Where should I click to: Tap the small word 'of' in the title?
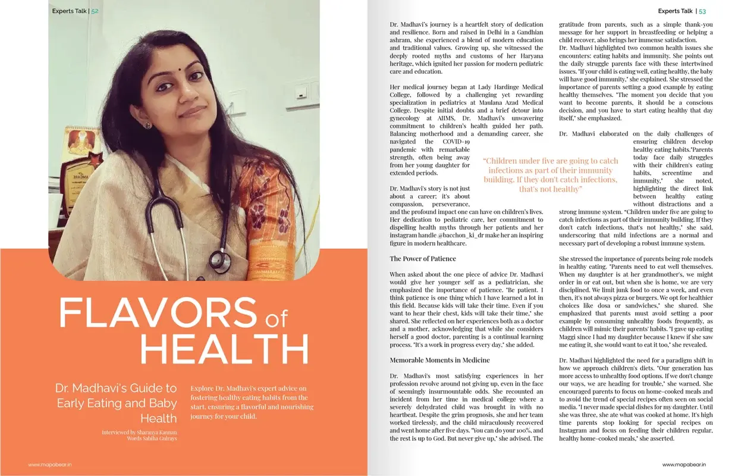276,321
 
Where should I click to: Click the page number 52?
95,11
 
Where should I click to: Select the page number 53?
702,11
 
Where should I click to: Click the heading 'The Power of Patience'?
423,259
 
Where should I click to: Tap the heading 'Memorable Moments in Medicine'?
439,360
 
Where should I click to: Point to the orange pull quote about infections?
550,175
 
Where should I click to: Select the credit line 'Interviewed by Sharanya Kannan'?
139,432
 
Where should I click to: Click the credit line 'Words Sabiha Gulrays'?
152,439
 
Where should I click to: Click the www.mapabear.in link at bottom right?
684,464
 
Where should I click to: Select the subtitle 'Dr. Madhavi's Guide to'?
116,388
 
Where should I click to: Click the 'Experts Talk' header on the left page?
68,11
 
